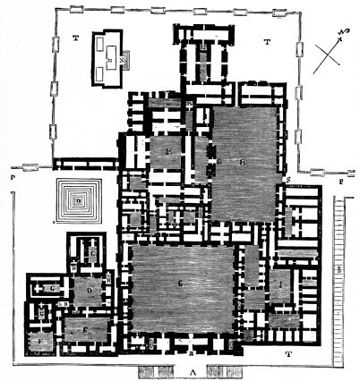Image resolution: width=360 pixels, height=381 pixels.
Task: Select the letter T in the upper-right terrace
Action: click(266, 41)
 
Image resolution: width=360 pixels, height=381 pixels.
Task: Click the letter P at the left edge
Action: click(11, 179)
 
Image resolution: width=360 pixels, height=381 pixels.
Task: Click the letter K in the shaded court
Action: click(168, 151)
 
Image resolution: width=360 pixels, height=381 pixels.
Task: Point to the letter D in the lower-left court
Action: click(90, 292)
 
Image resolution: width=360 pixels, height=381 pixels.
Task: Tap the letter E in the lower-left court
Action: click(85, 329)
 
